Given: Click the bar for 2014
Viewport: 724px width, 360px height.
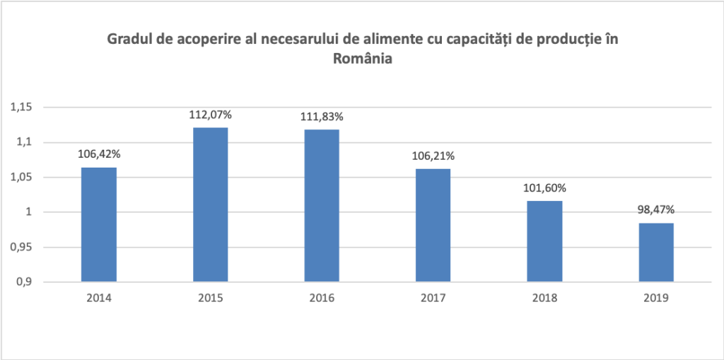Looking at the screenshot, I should (x=99, y=224).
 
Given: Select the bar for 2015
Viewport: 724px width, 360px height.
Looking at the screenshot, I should (x=211, y=204).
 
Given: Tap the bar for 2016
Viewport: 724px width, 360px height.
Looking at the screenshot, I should (x=322, y=205).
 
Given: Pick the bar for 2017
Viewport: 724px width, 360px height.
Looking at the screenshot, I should (x=433, y=225).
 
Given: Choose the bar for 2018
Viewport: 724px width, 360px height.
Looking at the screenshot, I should (x=544, y=241).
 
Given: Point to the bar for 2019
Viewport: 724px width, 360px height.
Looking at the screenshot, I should (x=655, y=252).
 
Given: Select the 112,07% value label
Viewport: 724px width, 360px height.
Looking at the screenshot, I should (x=211, y=113).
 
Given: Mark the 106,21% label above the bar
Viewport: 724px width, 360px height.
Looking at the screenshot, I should (x=433, y=155).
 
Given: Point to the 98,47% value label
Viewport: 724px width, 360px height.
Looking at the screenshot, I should (x=655, y=209).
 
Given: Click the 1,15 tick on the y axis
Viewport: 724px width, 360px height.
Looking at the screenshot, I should (x=21, y=108).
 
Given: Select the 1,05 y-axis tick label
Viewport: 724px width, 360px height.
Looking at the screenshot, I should (x=21, y=178).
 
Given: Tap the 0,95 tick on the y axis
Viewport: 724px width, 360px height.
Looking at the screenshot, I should (x=21, y=248).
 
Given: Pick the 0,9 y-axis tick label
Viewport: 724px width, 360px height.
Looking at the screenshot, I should (x=24, y=282).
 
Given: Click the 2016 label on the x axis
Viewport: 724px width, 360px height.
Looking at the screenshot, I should (x=322, y=298).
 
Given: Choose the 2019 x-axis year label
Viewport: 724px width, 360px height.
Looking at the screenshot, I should (x=655, y=298).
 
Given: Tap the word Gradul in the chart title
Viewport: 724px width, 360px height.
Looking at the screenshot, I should (x=129, y=39).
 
